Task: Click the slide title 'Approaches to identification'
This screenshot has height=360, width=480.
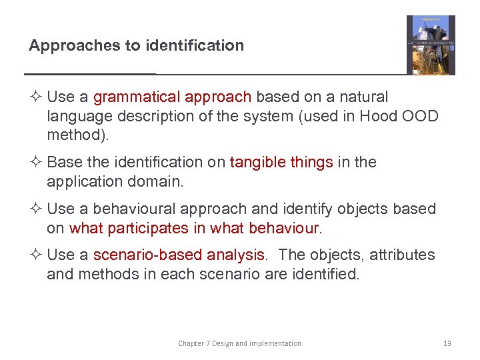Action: pyautogui.click(x=136, y=46)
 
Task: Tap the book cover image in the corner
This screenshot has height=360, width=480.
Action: pyautogui.click(x=431, y=45)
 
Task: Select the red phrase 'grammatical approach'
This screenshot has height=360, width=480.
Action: pyautogui.click(x=172, y=97)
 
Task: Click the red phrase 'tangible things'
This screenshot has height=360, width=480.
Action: pyautogui.click(x=281, y=162)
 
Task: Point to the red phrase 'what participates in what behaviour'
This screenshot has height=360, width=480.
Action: pyautogui.click(x=195, y=228)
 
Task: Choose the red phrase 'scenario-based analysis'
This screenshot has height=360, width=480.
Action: pyautogui.click(x=179, y=255)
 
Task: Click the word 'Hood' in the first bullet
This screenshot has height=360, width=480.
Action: pyautogui.click(x=377, y=116)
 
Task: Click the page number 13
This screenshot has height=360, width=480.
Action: pyautogui.click(x=447, y=344)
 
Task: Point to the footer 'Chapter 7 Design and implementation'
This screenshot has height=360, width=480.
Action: pyautogui.click(x=239, y=344)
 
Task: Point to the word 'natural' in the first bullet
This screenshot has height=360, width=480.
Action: pyautogui.click(x=363, y=97)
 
